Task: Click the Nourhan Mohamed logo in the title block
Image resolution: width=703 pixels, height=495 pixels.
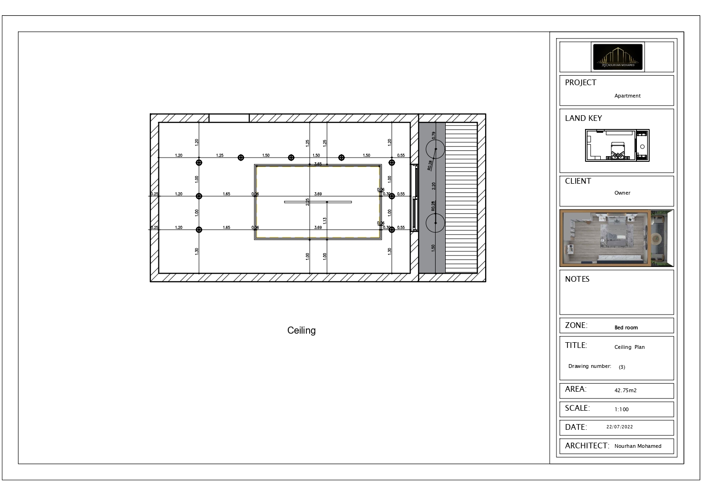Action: click(618, 57)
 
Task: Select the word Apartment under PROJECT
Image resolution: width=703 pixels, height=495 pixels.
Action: click(627, 96)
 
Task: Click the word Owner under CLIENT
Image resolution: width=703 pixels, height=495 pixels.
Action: click(622, 193)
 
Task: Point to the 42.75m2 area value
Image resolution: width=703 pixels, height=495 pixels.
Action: click(625, 390)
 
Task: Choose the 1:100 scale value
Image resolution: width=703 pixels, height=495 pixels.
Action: click(621, 409)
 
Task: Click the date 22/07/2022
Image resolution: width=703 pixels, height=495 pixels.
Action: click(619, 427)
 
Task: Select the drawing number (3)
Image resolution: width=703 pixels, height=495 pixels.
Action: click(622, 367)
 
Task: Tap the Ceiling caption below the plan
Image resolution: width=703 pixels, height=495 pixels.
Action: click(301, 330)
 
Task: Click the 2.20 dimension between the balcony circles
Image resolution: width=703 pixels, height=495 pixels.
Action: click(433, 186)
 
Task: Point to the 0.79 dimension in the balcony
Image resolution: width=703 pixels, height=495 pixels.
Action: click(433, 135)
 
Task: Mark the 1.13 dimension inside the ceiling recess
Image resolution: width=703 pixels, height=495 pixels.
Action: click(324, 220)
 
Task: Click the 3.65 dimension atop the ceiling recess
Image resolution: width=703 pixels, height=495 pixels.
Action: click(318, 164)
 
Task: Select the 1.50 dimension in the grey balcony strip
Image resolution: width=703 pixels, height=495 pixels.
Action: click(433, 248)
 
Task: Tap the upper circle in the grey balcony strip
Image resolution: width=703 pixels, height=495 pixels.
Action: click(435, 149)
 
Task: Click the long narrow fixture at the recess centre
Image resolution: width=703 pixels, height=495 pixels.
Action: click(318, 202)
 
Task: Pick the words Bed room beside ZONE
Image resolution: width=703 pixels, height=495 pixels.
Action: click(626, 327)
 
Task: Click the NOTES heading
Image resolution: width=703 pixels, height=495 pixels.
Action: click(577, 279)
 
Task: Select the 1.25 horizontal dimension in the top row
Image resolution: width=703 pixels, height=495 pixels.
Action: click(220, 155)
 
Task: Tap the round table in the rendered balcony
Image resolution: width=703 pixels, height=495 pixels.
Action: click(658, 238)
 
